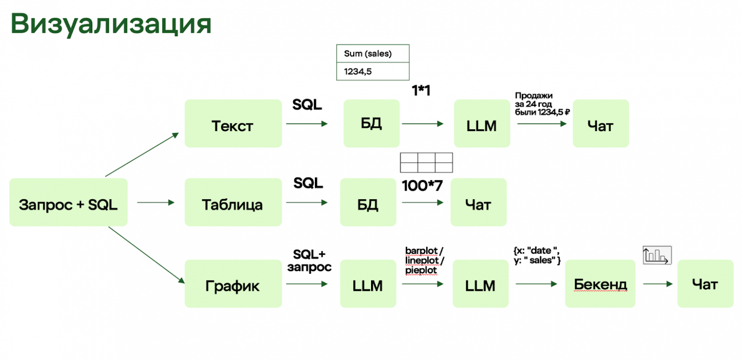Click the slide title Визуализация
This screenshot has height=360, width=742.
[110, 24]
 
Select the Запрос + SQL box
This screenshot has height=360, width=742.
[68, 202]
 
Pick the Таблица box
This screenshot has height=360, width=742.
[233, 202]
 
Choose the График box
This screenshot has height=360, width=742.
[233, 284]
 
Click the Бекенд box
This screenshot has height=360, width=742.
[600, 284]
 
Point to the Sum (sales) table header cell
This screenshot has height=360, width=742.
[372, 54]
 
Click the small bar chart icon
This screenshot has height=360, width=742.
[656, 255]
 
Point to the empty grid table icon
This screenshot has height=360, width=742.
[426, 163]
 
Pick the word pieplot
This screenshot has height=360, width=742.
[421, 270]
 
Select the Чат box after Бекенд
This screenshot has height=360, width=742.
[705, 284]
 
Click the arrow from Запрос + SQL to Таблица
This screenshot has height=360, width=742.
[156, 203]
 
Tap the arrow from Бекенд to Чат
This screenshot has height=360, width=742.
[658, 284]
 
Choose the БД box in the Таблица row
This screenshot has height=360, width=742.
[368, 202]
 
